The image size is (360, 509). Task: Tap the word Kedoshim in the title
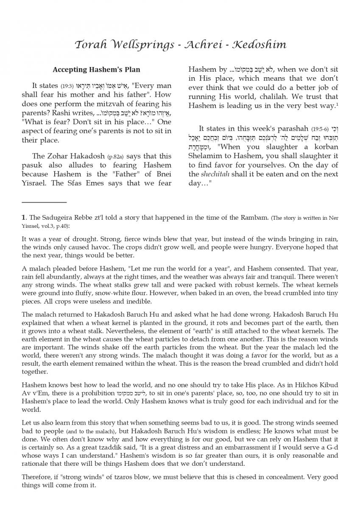coord(262,45)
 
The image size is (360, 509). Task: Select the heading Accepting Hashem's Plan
coord(96,70)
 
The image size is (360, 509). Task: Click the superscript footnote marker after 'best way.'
coord(337,103)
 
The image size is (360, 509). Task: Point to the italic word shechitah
coord(214,174)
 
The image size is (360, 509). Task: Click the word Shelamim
coord(205,156)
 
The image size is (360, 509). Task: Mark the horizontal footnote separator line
coord(44,202)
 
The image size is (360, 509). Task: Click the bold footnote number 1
coord(24,218)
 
